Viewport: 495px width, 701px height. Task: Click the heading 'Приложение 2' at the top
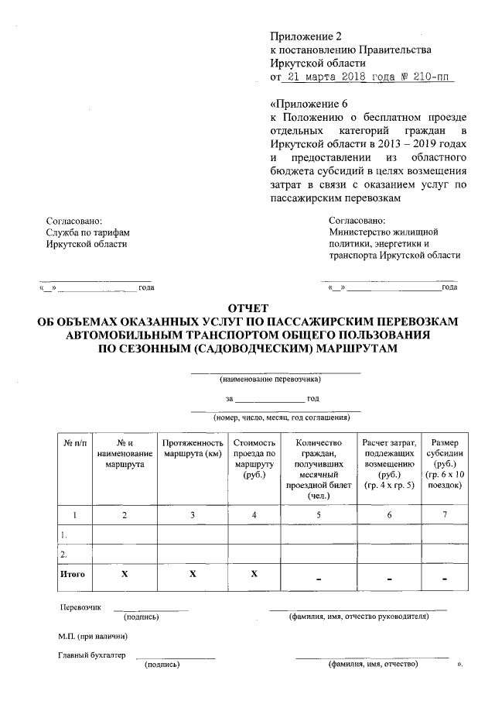(x=306, y=36)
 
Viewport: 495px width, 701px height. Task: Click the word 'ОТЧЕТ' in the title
(x=248, y=308)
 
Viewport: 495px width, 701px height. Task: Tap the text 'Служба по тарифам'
(x=87, y=232)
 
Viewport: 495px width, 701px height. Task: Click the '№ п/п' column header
(x=74, y=442)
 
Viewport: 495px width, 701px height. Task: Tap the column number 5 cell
(x=319, y=514)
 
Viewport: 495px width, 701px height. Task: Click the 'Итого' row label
(x=72, y=574)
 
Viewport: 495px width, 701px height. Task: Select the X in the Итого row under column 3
(x=193, y=574)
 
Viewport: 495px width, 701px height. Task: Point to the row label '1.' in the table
(x=64, y=534)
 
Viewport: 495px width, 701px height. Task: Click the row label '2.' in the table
(x=64, y=555)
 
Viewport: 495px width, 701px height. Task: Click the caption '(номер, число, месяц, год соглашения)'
(x=275, y=417)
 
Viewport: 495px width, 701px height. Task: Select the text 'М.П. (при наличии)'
(x=93, y=636)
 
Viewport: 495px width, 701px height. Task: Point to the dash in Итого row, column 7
(x=445, y=578)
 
